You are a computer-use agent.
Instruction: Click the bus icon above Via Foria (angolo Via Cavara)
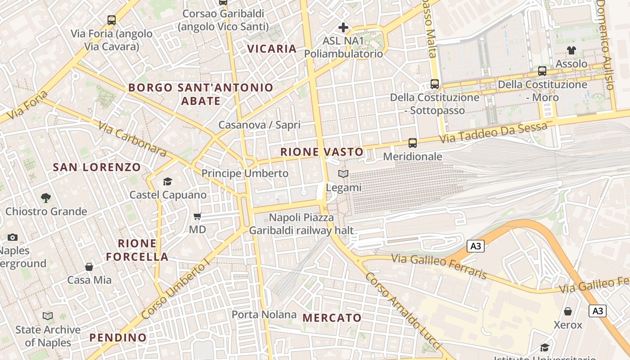click(112, 20)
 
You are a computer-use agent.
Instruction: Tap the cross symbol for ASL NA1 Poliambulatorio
click(343, 27)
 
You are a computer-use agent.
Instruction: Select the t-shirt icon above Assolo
click(571, 50)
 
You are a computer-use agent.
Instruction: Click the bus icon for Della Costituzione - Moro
click(542, 71)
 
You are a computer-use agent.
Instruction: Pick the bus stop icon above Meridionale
click(412, 143)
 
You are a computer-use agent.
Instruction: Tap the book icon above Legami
click(343, 174)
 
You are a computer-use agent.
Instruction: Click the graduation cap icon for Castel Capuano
click(168, 182)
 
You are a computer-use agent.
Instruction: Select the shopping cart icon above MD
click(197, 216)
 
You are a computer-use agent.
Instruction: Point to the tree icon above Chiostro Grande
click(46, 198)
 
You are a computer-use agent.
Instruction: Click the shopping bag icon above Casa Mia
click(89, 267)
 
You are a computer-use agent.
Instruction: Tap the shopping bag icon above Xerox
click(568, 311)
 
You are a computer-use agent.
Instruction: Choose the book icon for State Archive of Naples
click(48, 316)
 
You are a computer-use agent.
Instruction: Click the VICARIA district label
click(272, 49)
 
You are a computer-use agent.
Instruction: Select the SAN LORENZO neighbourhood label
click(97, 167)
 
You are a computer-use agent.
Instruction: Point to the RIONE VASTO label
click(322, 152)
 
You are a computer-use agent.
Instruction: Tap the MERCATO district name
click(332, 318)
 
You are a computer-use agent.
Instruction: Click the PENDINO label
click(118, 337)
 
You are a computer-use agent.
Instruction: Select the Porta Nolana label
click(264, 315)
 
